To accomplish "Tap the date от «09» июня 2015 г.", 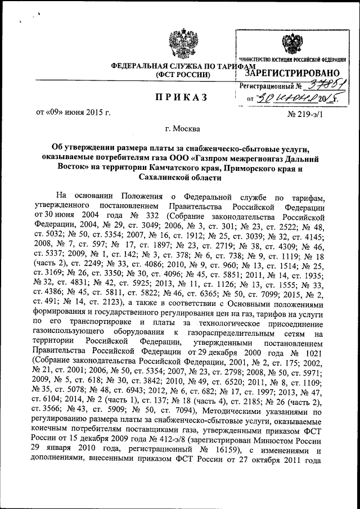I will [73, 112].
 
